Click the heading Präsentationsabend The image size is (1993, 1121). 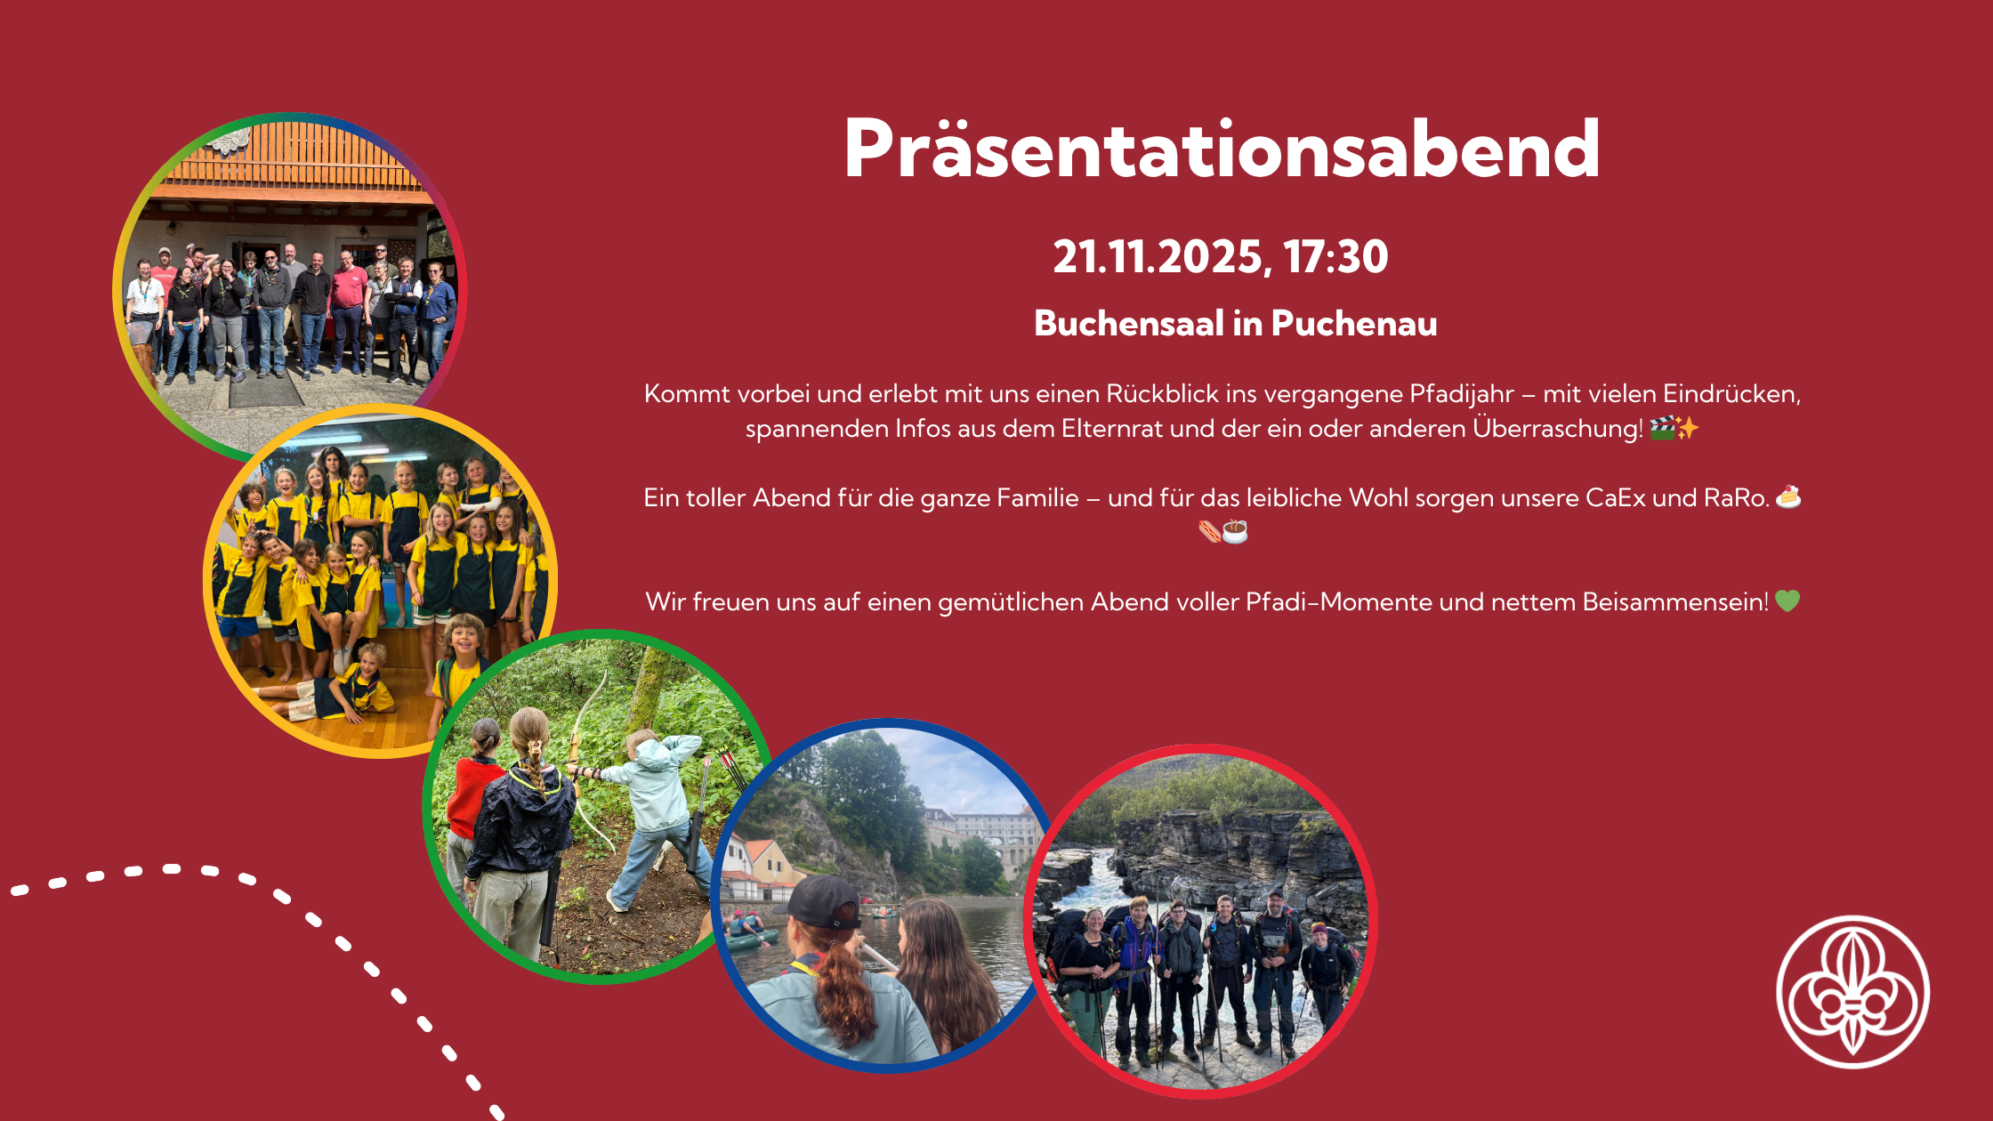tap(1222, 149)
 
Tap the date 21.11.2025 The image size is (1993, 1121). tap(1158, 257)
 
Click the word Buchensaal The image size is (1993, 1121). tap(1128, 324)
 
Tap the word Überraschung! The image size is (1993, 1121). tap(1558, 429)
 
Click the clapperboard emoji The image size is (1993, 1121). tap(1662, 429)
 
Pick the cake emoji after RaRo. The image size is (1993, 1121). tap(1788, 496)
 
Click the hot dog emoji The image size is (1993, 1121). tap(1209, 532)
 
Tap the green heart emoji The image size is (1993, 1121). tap(1787, 601)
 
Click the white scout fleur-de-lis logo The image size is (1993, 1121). tap(1853, 992)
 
